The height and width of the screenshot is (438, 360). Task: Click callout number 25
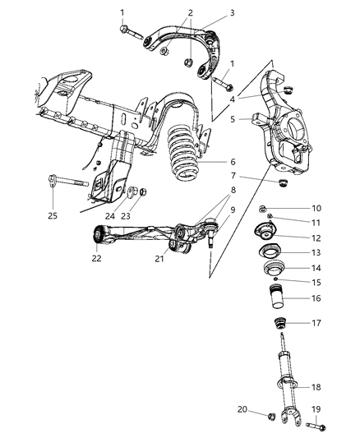click(x=52, y=216)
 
